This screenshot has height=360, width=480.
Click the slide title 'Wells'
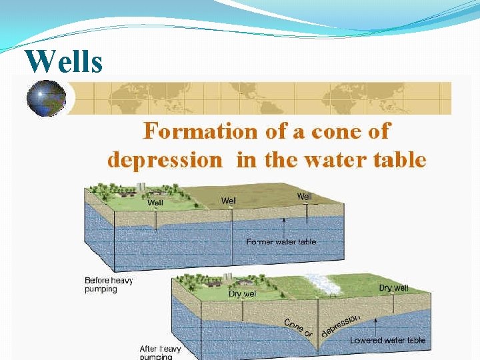click(x=64, y=62)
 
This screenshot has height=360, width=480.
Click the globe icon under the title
click(x=46, y=99)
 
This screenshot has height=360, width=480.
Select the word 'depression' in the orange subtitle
click(x=164, y=160)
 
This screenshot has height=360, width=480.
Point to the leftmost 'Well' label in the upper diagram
click(x=155, y=202)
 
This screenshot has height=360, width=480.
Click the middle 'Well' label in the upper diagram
click(x=229, y=200)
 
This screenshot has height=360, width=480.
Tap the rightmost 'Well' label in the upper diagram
click(x=304, y=196)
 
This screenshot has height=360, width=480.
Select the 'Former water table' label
click(x=281, y=241)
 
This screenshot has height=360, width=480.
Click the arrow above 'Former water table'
click(x=284, y=227)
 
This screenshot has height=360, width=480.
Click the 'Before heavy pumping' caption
click(x=109, y=285)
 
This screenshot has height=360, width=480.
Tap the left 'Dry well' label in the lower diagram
click(x=243, y=293)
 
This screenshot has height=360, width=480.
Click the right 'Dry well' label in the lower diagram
click(x=393, y=287)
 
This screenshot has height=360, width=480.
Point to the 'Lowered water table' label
click(x=387, y=340)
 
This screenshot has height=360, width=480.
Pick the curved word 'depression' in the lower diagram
click(x=340, y=325)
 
